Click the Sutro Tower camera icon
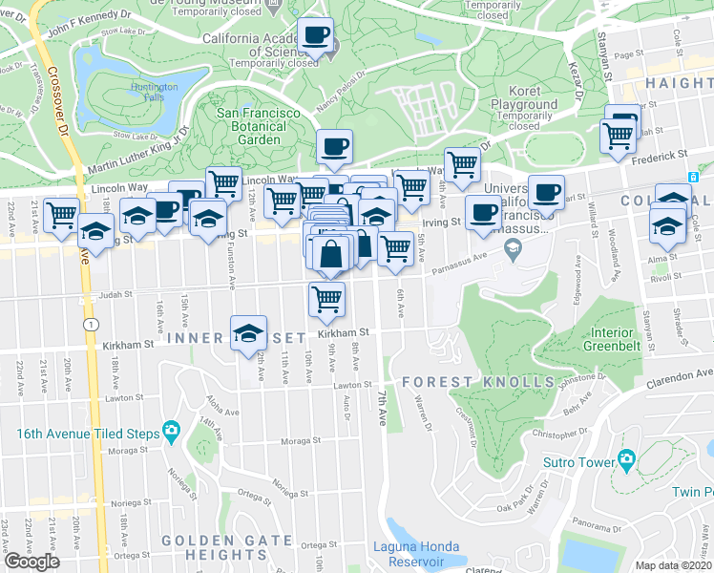pos(626,460)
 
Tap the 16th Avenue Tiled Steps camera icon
pos(171,434)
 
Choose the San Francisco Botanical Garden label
pos(259,126)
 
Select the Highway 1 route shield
pos(88,325)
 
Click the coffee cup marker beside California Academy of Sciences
pos(315,36)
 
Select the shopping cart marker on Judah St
pos(326,298)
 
